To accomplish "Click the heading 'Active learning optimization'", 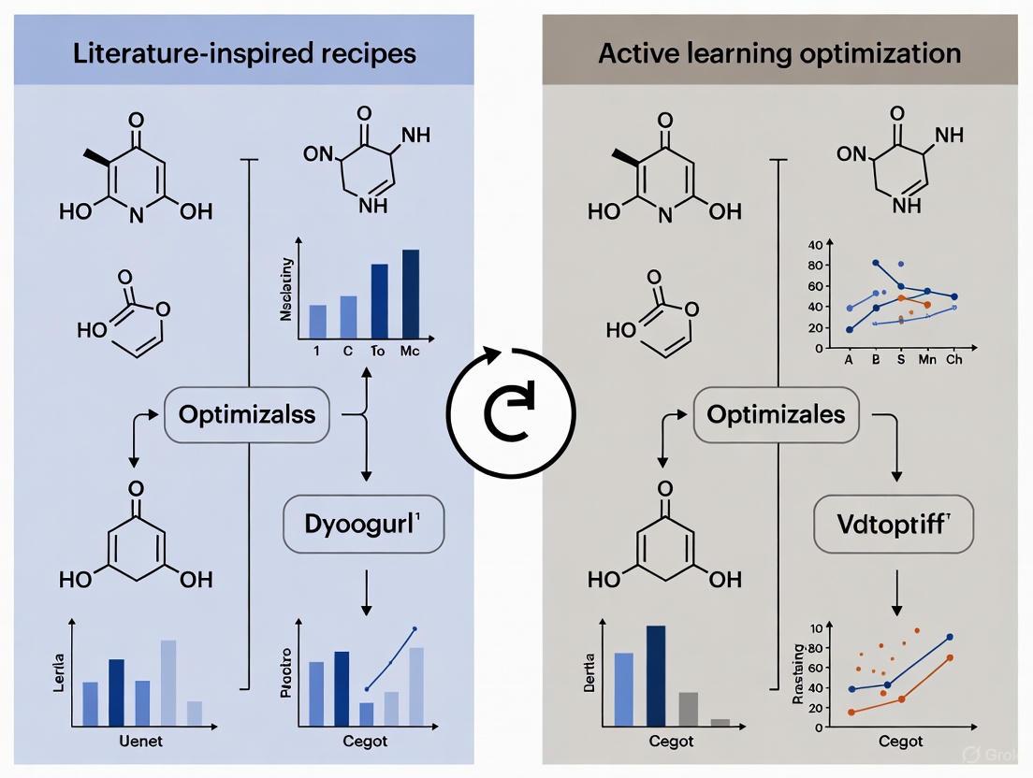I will tap(779, 52).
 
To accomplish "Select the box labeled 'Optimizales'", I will tap(776, 414).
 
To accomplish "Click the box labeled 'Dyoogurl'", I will tap(362, 523).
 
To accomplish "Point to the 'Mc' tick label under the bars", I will tap(409, 353).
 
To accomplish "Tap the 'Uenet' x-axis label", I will tap(137, 742).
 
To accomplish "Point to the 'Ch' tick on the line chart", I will tap(953, 360).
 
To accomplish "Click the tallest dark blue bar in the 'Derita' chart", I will tap(656, 675).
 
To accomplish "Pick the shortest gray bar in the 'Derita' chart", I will tap(720, 722).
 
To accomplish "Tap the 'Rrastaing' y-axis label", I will tap(797, 674).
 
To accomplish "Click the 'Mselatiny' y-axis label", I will tap(286, 289).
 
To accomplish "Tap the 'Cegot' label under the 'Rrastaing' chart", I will tap(901, 742).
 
